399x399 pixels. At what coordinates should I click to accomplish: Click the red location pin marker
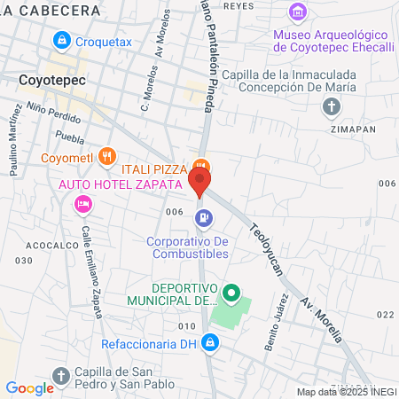pos(199,184)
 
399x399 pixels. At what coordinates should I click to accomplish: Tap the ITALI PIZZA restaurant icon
pos(201,165)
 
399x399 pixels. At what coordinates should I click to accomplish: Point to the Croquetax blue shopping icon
pos(62,40)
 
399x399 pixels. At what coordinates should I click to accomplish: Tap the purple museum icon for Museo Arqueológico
pos(298,13)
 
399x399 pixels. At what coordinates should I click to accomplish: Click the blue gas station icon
pos(205,216)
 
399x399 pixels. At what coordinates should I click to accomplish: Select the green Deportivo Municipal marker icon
pos(231,291)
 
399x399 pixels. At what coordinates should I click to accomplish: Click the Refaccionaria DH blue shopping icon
pos(209,340)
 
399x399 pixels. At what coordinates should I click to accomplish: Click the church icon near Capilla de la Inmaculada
pos(332,107)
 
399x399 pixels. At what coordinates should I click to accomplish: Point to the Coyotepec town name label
pos(51,79)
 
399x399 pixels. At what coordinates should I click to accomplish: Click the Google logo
pos(29,387)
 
